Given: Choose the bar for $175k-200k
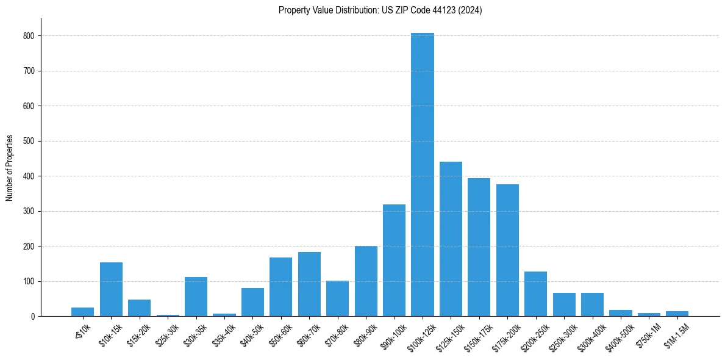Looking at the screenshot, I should pos(507,250).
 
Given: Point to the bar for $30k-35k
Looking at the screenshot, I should pos(196,297).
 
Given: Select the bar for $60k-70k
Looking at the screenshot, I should pos(309,284).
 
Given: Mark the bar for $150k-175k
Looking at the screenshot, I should pos(479,247).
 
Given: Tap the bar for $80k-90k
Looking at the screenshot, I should pos(366,281).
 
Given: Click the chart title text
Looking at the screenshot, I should pos(380,10).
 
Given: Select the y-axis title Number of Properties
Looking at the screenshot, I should pos(10,168).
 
